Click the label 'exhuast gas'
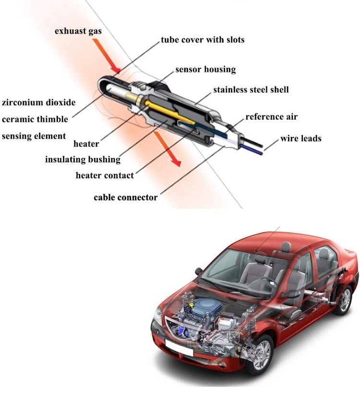(78, 32)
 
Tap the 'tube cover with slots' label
(202, 39)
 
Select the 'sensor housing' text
(205, 69)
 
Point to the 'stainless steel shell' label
(251, 89)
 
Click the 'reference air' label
(271, 117)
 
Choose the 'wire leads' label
(300, 138)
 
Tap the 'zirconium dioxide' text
(38, 102)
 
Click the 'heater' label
(86, 144)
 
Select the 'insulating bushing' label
(83, 159)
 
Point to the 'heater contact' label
(105, 175)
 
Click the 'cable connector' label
(125, 197)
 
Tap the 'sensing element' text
(34, 136)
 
